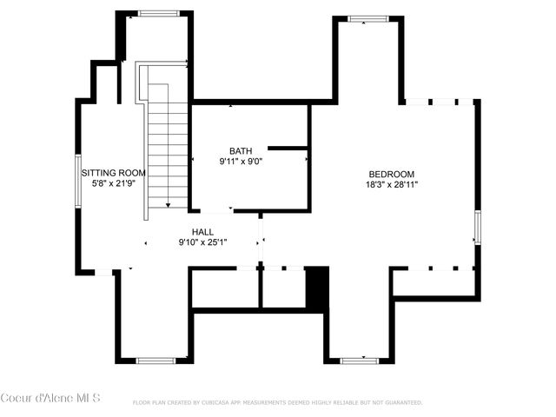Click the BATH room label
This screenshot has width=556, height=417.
[x=241, y=150]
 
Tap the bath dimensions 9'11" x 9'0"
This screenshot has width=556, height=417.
[x=241, y=161]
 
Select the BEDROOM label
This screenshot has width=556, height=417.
[x=391, y=174]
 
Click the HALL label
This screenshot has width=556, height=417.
[x=203, y=232]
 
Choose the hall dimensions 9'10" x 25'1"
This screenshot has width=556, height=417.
[x=203, y=242]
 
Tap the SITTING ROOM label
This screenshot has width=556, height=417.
[x=114, y=173]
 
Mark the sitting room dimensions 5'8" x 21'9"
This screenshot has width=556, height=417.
[x=114, y=183]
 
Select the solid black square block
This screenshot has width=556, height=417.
[x=318, y=288]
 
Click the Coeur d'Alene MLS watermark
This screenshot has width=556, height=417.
[x=50, y=398]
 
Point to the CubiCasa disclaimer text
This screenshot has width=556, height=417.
[x=277, y=403]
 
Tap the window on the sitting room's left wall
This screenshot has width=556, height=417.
[x=77, y=181]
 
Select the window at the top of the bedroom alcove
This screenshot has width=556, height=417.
[x=368, y=18]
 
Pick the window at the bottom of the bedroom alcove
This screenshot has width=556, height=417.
[x=358, y=360]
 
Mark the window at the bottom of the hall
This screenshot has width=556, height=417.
[x=156, y=360]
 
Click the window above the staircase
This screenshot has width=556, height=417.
[x=158, y=13]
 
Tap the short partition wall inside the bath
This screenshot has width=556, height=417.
[x=288, y=149]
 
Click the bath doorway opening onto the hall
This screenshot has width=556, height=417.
[x=216, y=211]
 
